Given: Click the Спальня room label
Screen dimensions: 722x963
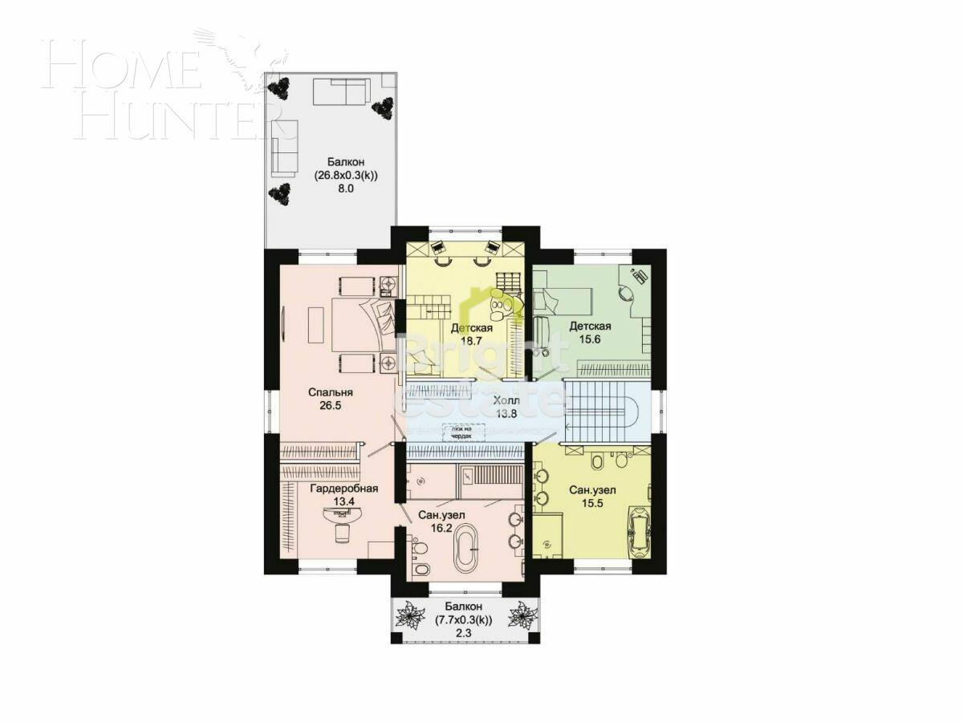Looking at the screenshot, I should pos(331,392).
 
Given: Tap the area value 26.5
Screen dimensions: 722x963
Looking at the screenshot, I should pos(331,407).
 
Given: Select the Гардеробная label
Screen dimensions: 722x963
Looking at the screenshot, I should pos(343,488).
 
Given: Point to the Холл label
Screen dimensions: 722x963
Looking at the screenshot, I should pos(506,400).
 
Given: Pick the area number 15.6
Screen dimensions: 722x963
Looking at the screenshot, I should pos(590,339).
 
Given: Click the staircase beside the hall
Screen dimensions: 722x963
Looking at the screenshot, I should pos(602,409).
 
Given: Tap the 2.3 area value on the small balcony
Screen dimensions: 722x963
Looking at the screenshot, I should pos(463,633).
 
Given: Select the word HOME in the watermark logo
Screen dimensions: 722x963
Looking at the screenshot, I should pos(120,68).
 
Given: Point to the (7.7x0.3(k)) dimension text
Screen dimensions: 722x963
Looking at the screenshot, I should pos(463,619).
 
